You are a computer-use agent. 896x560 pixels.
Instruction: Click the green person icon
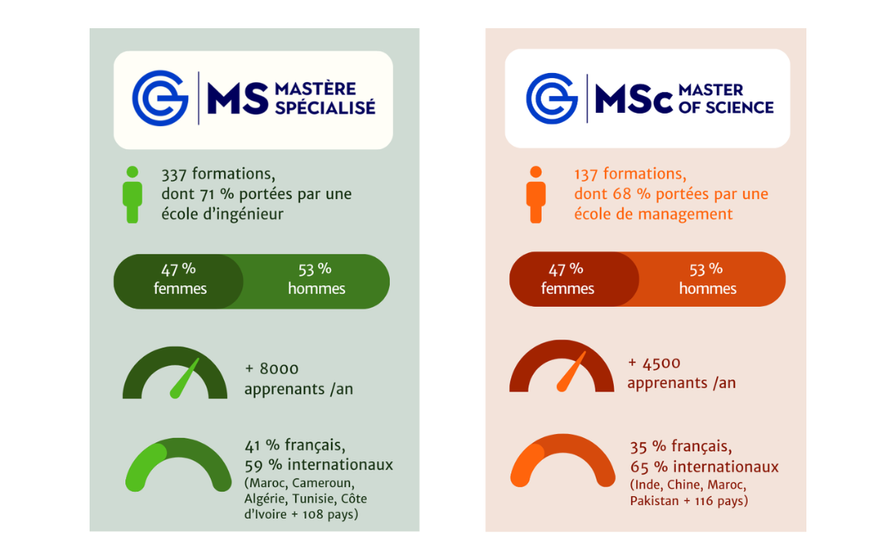coord(132,195)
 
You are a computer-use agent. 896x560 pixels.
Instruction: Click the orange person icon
coord(536,195)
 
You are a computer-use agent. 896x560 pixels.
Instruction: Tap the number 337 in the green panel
coord(174,174)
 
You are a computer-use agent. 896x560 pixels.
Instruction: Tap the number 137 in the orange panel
coord(587,174)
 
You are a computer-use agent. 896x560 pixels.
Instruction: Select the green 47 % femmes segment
coord(179,280)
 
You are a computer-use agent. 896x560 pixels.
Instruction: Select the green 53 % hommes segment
coord(316,280)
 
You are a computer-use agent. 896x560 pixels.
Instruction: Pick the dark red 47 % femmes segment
coord(568,280)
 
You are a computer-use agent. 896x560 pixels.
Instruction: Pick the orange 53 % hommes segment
coord(707,280)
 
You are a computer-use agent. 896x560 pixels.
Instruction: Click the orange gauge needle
coord(572,373)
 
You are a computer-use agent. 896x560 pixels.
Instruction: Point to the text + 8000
coord(271,368)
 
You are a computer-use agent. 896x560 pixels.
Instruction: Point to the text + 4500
coord(655,363)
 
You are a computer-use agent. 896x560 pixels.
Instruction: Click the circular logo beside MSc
coord(551,98)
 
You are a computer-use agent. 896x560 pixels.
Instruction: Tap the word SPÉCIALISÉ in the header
coord(324,107)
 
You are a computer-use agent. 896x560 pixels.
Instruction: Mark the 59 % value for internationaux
coord(259,465)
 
